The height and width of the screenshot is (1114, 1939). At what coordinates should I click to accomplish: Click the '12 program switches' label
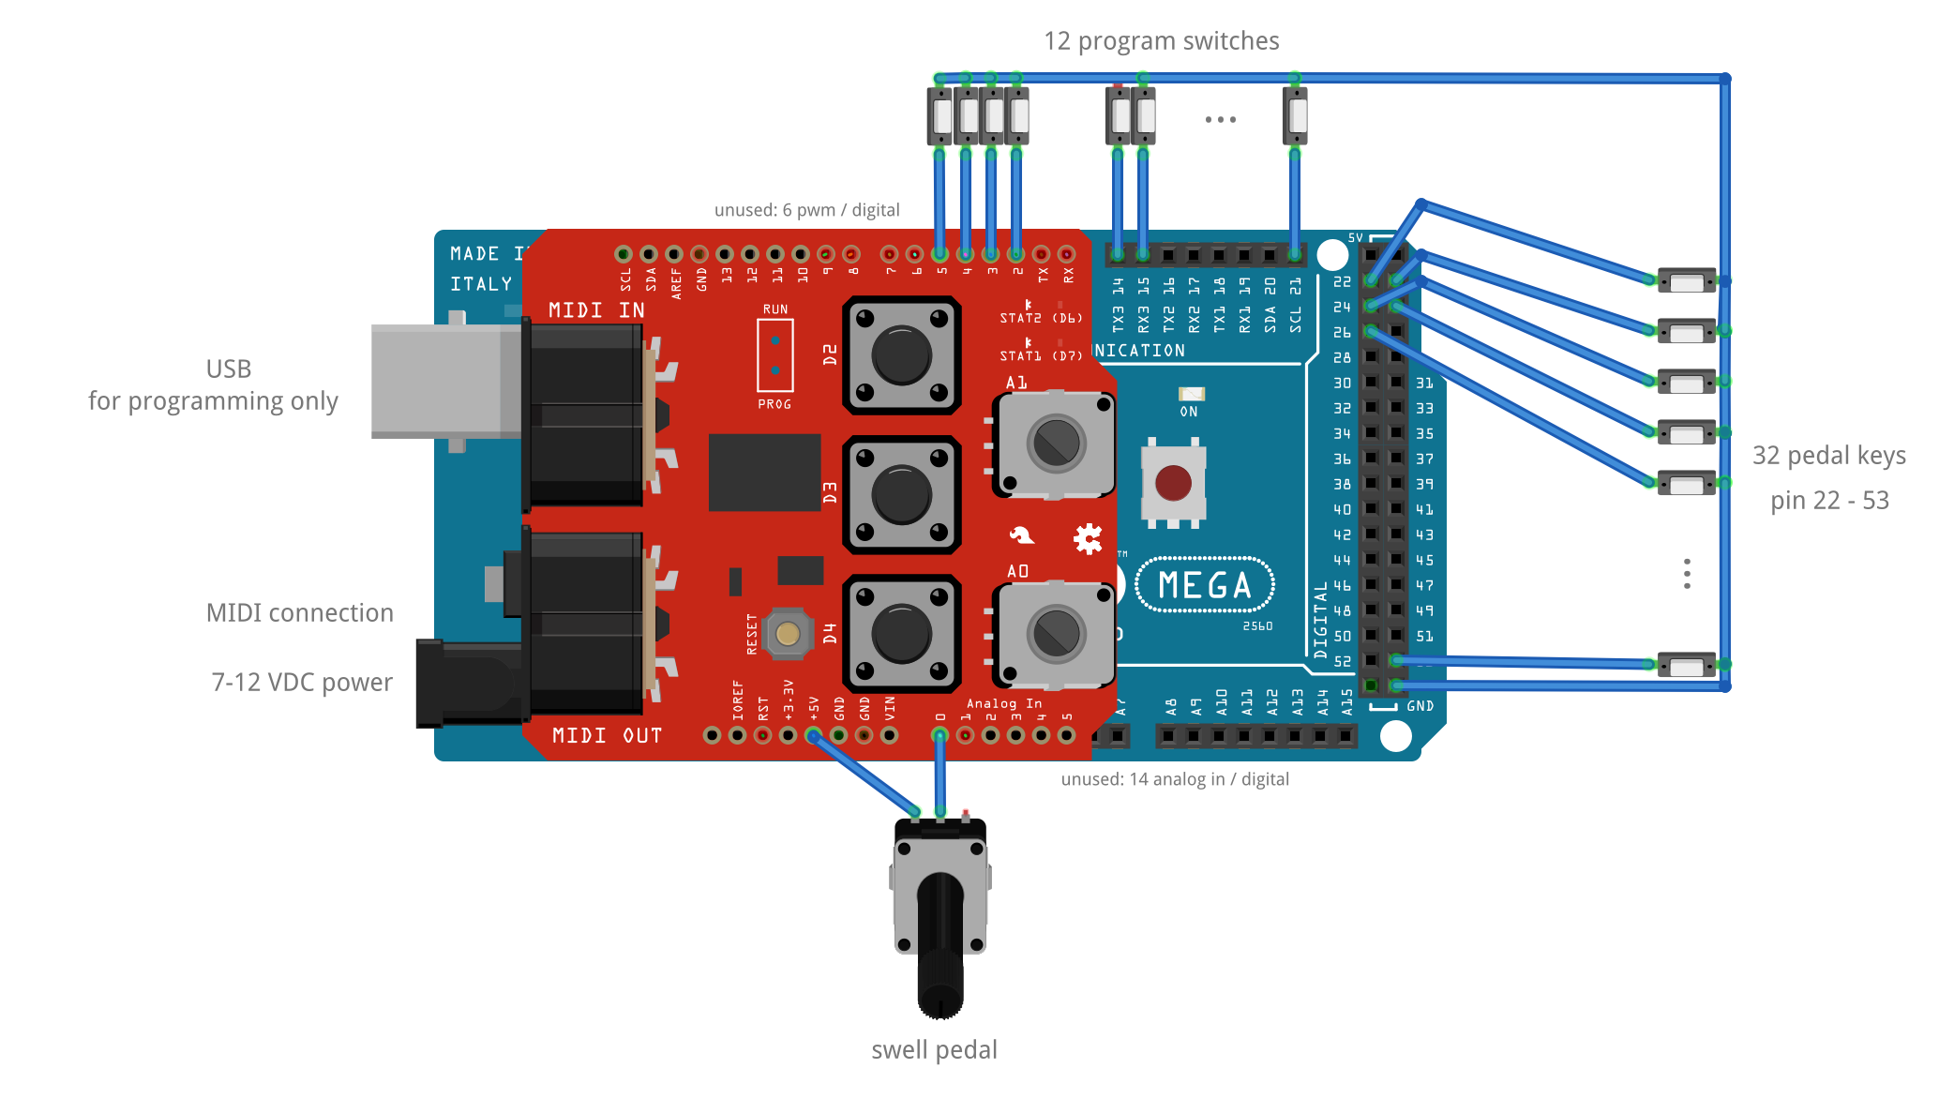click(x=1161, y=41)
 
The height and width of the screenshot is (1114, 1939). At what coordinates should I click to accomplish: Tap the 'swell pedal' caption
click(x=934, y=1050)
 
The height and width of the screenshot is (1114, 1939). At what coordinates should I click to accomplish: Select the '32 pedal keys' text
click(x=1828, y=456)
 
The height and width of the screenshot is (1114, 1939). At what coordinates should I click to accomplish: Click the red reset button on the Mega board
click(x=1173, y=484)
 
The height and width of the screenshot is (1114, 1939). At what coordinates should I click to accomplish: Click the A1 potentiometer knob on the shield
click(x=1056, y=444)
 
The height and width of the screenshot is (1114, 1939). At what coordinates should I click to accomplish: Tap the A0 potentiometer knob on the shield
click(x=1056, y=634)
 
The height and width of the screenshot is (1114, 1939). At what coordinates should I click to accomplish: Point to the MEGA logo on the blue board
click(x=1205, y=585)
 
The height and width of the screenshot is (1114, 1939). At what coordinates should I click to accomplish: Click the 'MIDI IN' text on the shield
click(x=596, y=310)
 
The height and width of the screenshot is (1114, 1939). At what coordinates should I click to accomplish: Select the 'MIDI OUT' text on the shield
click(x=607, y=736)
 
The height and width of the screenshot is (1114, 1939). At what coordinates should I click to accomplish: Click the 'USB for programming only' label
click(x=214, y=385)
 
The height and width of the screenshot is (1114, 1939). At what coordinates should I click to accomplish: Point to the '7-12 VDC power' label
click(x=302, y=683)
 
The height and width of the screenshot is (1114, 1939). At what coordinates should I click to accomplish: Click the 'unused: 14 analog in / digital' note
click(x=1175, y=779)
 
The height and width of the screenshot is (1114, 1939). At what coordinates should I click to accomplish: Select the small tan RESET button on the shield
click(x=788, y=634)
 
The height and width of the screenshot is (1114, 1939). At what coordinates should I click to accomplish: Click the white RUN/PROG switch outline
click(x=775, y=355)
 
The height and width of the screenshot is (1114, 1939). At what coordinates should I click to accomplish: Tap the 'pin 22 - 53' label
click(x=1829, y=501)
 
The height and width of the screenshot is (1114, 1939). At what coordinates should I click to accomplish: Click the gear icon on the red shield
click(x=1088, y=538)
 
